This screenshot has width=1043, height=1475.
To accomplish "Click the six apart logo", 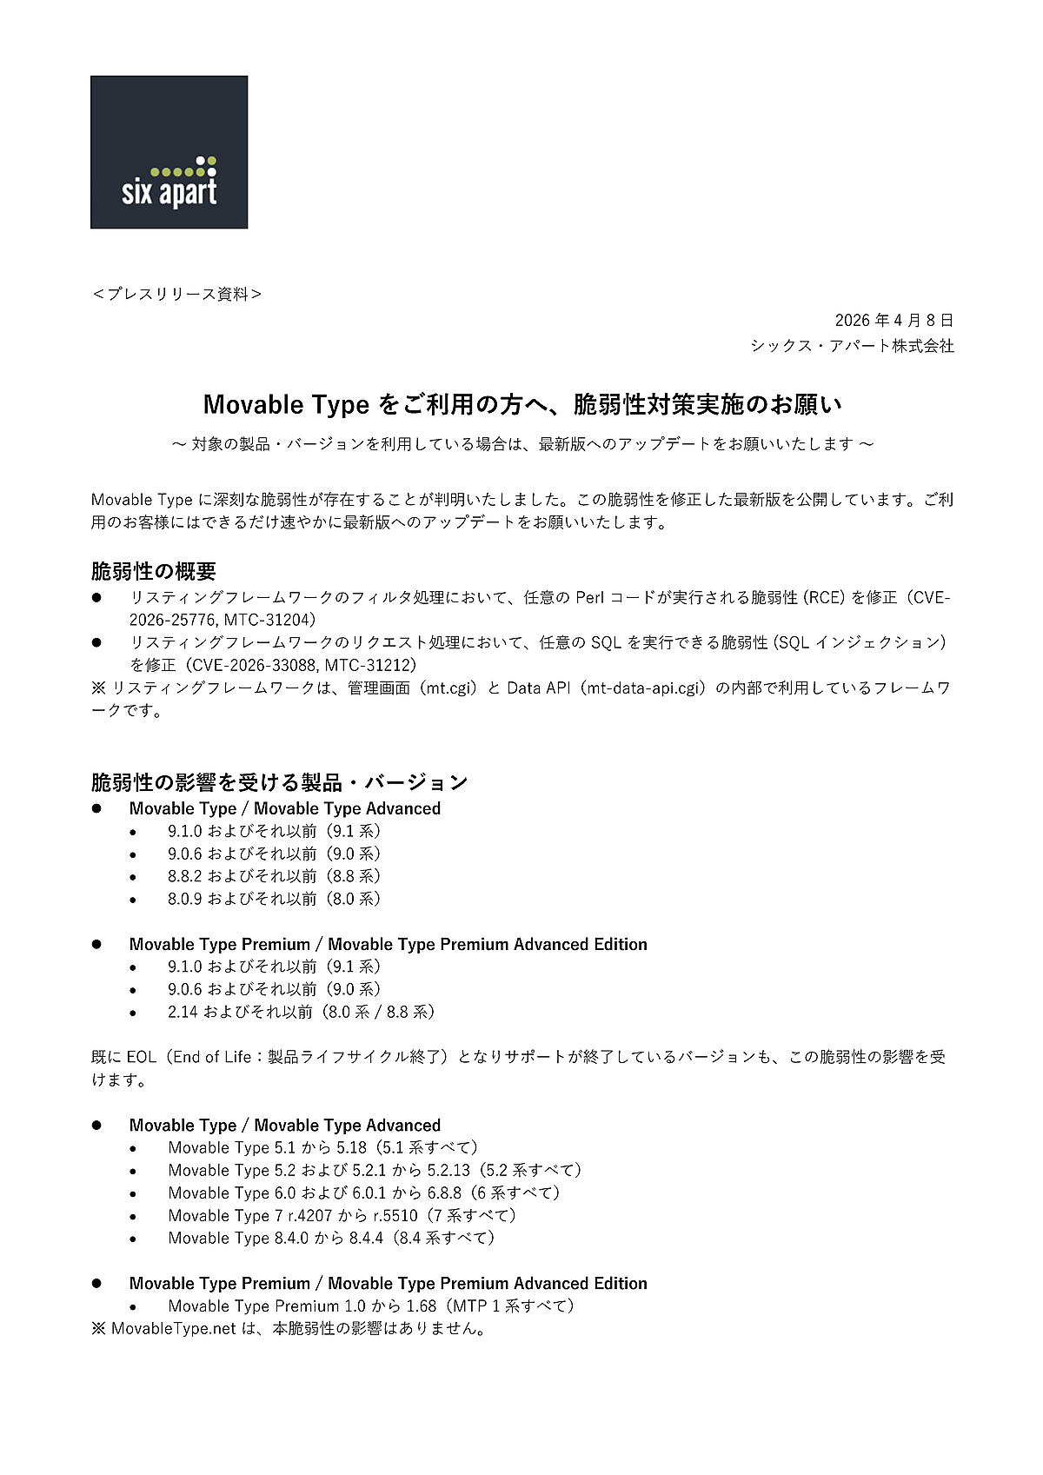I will point(169,152).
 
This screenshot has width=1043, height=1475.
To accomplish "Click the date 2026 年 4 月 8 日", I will point(894,321).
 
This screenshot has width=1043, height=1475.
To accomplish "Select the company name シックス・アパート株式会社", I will point(852,346).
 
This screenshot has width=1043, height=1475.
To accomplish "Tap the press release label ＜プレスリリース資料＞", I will point(176,295).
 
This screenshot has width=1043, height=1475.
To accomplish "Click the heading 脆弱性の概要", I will point(154,571).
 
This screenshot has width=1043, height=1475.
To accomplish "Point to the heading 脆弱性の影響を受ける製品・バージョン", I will point(279,782).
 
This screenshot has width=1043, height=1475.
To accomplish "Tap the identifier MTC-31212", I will point(369,665).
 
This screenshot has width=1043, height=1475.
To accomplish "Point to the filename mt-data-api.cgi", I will point(644,688).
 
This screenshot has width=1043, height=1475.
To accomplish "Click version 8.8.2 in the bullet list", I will point(185,876).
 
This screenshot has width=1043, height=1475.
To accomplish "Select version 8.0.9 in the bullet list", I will point(185,899).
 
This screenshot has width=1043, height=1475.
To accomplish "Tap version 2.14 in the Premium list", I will point(183,1012).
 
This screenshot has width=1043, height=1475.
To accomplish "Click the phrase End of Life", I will point(212,1057).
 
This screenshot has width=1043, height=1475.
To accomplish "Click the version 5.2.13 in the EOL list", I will point(448,1170).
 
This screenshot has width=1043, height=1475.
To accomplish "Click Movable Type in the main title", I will point(286,404).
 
